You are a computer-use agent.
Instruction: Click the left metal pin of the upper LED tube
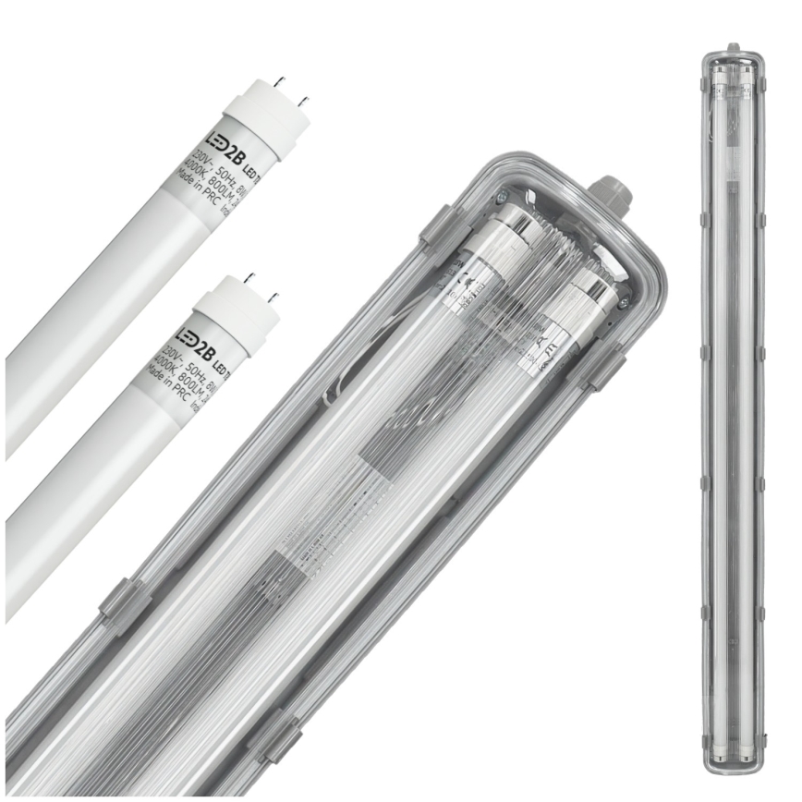pyautogui.click(x=281, y=83)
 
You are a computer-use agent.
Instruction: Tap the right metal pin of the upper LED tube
pyautogui.click(x=305, y=98)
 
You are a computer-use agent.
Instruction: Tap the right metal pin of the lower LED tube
pyautogui.click(x=273, y=297)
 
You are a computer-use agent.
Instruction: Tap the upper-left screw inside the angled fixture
pyautogui.click(x=504, y=196)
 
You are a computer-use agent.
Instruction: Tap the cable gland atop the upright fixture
pyautogui.click(x=734, y=46)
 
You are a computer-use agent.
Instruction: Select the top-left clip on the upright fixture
pyautogui.click(x=706, y=83)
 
